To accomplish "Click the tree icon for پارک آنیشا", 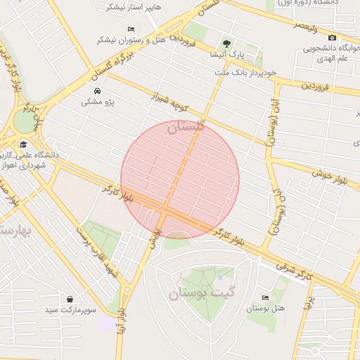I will click(x=226, y=43).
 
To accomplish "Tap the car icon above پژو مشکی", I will click(x=96, y=91).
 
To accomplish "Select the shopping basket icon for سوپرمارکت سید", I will click(x=70, y=299).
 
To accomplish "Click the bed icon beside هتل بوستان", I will click(x=264, y=298).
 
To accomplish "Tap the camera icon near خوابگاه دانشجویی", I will click(x=332, y=37).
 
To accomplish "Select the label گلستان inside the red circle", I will click(x=186, y=127).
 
